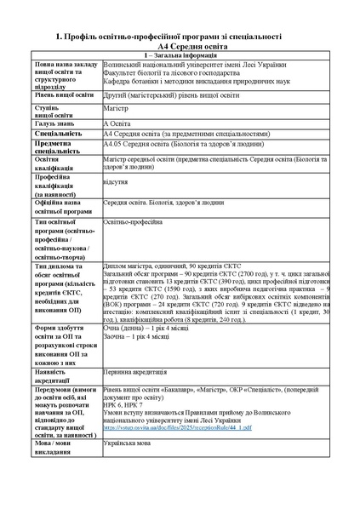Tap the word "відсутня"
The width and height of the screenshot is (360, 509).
pos(115,181)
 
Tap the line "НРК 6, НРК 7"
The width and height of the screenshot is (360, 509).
pos(121,404)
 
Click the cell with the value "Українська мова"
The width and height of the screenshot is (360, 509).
pos(128,443)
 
